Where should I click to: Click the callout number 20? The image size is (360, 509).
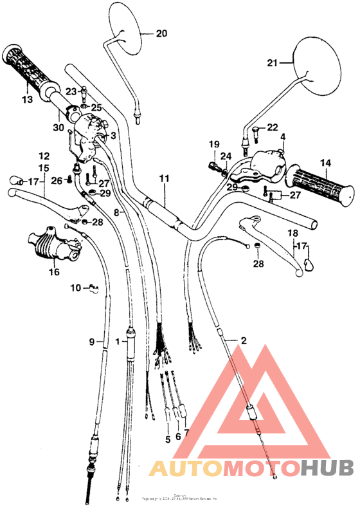click(x=161, y=33)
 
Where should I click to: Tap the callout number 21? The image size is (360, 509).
click(x=273, y=62)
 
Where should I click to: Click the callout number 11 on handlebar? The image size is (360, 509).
click(x=164, y=178)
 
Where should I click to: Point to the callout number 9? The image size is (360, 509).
click(x=91, y=341)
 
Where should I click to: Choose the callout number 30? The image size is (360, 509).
click(x=59, y=127)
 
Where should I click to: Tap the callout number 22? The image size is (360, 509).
click(x=273, y=127)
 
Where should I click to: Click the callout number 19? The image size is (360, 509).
click(x=213, y=144)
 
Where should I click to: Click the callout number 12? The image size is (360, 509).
click(x=44, y=156)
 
